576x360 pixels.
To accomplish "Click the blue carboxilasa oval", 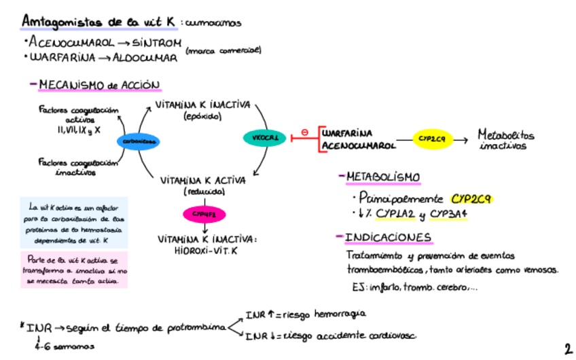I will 138,141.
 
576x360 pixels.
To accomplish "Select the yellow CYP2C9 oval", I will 432,139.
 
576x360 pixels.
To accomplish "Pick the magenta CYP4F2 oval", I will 203,215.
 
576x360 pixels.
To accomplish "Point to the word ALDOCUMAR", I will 149,58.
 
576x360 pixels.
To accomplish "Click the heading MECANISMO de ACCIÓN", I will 100,86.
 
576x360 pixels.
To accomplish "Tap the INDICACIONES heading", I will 389,237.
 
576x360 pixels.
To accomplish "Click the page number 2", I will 567,349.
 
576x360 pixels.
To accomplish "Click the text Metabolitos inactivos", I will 505,140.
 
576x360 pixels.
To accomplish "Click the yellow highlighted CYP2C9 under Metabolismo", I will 471,200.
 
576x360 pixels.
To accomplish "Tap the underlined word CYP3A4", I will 449,215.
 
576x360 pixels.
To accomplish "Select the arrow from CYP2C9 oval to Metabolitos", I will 461,140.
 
